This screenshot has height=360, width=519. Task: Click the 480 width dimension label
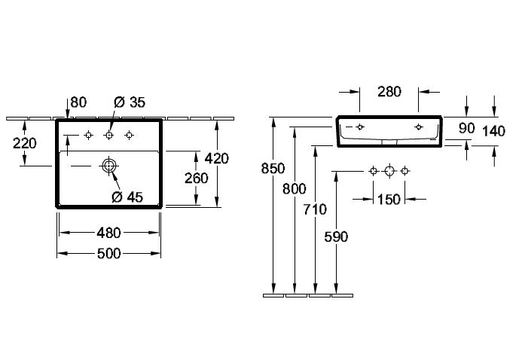click(x=108, y=233)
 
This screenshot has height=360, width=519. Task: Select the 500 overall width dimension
click(x=108, y=254)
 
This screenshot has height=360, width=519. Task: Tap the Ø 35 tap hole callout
click(x=130, y=102)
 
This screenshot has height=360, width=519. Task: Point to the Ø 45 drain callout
click(x=127, y=197)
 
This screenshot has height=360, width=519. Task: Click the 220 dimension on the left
click(x=25, y=143)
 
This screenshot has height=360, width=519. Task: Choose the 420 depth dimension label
click(x=217, y=158)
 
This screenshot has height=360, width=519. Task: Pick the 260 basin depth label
click(x=197, y=178)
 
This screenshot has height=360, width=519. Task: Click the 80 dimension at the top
click(x=78, y=102)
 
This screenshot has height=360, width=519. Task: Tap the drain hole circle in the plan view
click(x=109, y=166)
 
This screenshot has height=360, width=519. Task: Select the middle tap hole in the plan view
click(x=109, y=135)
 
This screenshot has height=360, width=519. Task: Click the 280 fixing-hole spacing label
click(x=389, y=92)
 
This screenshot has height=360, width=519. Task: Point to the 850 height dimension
click(x=273, y=169)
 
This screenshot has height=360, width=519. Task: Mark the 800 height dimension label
click(x=295, y=189)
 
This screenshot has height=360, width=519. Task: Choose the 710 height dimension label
click(x=315, y=209)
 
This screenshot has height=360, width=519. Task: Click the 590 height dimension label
click(x=336, y=237)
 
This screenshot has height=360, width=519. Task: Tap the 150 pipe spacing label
click(x=389, y=200)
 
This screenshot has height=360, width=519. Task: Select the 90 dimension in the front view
click(x=467, y=128)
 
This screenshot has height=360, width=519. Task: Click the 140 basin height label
click(x=493, y=131)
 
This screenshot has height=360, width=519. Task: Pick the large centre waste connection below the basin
click(x=389, y=171)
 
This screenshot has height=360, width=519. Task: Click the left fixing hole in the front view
click(x=360, y=127)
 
